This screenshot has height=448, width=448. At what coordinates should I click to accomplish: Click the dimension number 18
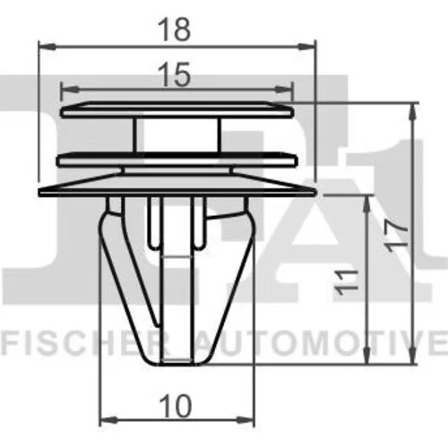pyautogui.click(x=175, y=30)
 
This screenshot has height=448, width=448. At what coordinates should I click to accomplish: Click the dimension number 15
pyautogui.click(x=175, y=74)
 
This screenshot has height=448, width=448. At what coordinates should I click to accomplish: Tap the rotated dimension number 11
pyautogui.click(x=347, y=282)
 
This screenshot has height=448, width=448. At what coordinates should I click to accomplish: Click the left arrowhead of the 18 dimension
pyautogui.click(x=47, y=47)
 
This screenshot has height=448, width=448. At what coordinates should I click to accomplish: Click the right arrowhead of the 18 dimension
pyautogui.click(x=306, y=47)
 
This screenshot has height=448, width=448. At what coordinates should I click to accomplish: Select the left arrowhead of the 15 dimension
pyautogui.click(x=70, y=89)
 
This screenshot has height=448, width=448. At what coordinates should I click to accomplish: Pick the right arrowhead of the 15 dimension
pyautogui.click(x=284, y=89)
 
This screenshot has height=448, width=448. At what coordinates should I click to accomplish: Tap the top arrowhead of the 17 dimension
pyautogui.click(x=413, y=112)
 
